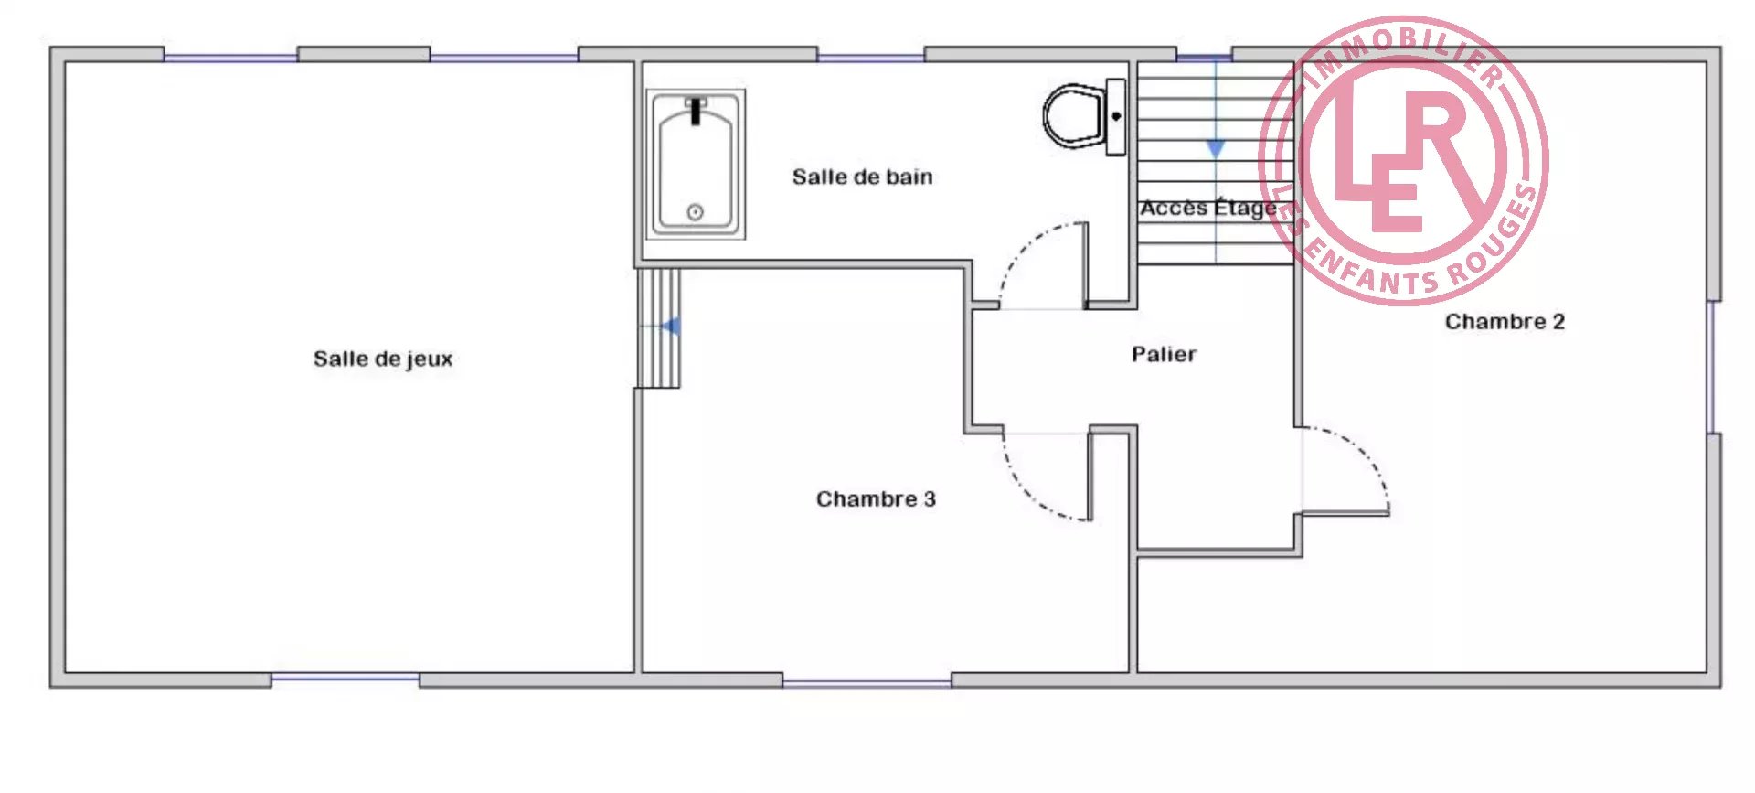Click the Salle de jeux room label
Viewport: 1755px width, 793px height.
(383, 359)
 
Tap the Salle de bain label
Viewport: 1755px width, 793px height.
(862, 177)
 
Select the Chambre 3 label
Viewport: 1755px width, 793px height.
(876, 499)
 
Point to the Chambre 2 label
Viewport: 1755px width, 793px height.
(1505, 322)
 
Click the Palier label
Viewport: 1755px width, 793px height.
(1164, 354)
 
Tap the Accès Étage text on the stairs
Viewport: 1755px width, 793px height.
(1208, 209)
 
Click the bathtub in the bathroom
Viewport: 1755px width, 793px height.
(696, 165)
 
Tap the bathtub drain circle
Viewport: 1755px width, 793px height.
(695, 212)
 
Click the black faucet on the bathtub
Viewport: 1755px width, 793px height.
(696, 111)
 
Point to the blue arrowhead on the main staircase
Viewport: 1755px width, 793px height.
(1215, 149)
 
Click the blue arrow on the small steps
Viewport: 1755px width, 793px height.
(671, 326)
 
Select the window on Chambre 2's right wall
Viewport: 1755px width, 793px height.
(1712, 367)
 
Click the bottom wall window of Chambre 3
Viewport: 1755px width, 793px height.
(867, 682)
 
